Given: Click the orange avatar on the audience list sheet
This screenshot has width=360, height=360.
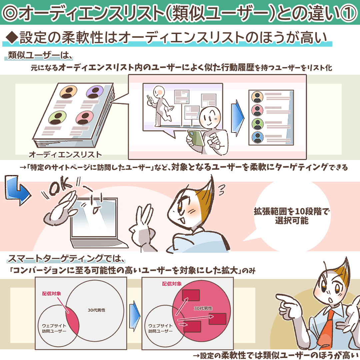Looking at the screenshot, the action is (68, 92).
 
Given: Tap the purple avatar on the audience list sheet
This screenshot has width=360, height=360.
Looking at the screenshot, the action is (95, 92).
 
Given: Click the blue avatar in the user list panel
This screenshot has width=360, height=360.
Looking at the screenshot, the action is (258, 137).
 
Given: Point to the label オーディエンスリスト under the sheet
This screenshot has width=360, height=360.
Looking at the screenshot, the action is (65, 155).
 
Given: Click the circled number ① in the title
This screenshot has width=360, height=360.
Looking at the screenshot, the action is (348, 13).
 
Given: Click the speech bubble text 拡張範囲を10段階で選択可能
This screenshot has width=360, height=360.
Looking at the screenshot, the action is (292, 216).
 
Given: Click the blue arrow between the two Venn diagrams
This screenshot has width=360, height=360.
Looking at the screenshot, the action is (135, 316).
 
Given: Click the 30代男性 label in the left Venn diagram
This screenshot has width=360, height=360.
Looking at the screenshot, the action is (96, 310).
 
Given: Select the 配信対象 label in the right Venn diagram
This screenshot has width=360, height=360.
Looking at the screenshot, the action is (172, 284).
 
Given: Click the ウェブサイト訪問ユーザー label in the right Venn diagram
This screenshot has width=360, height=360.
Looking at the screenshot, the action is (160, 328).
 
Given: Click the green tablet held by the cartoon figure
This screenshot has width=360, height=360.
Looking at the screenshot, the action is (196, 138).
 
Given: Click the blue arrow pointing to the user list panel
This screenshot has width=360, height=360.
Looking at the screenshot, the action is (237, 118).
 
